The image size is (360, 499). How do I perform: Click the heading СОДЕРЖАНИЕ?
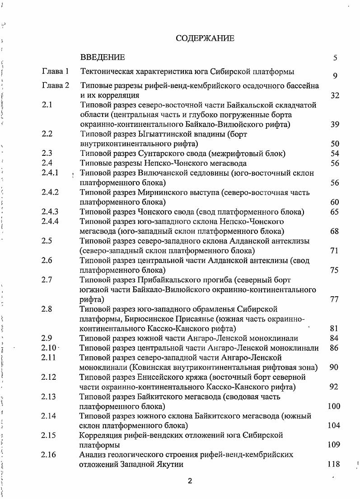[x=205, y=38]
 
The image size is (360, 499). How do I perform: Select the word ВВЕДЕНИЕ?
[x=102, y=57]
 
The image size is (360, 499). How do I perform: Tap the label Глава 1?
[x=55, y=71]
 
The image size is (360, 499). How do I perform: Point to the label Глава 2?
[x=55, y=85]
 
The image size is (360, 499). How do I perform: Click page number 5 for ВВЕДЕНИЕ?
[x=335, y=58]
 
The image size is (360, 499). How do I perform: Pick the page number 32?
[x=335, y=96]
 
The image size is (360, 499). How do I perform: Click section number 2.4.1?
[x=50, y=173]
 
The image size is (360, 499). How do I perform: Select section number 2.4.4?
[x=50, y=221]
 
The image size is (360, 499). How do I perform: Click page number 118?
[x=333, y=464]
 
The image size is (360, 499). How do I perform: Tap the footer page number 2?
[x=190, y=481]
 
